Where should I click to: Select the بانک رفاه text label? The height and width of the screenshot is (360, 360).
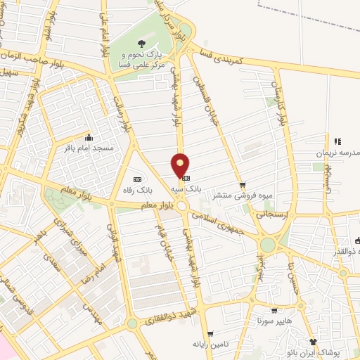click(x=137, y=190)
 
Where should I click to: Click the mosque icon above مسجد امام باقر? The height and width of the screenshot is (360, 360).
click(x=88, y=138)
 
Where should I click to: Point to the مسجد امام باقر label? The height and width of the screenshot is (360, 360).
click(x=88, y=148)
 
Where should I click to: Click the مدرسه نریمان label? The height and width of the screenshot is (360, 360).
click(x=338, y=153)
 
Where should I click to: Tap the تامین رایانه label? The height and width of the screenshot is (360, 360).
click(x=210, y=345)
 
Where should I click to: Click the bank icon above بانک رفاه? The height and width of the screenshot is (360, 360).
click(x=137, y=179)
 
